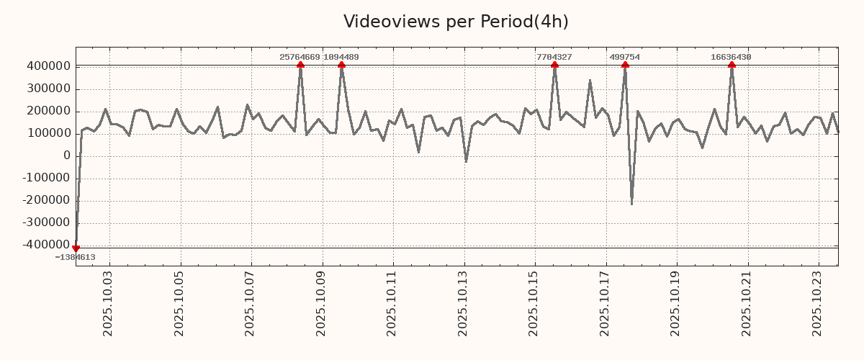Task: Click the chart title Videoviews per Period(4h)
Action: point(456,22)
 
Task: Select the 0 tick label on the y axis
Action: point(67,156)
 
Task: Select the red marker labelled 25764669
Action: point(300,65)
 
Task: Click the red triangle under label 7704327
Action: point(554,65)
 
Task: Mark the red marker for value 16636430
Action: point(732,65)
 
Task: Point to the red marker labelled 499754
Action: point(625,65)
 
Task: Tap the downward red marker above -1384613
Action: point(76,248)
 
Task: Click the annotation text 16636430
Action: point(731,57)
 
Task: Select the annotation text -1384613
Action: point(75,257)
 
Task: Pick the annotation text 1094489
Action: point(341,57)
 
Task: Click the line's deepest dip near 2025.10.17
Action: point(631,204)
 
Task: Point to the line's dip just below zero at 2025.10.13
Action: point(466,161)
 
